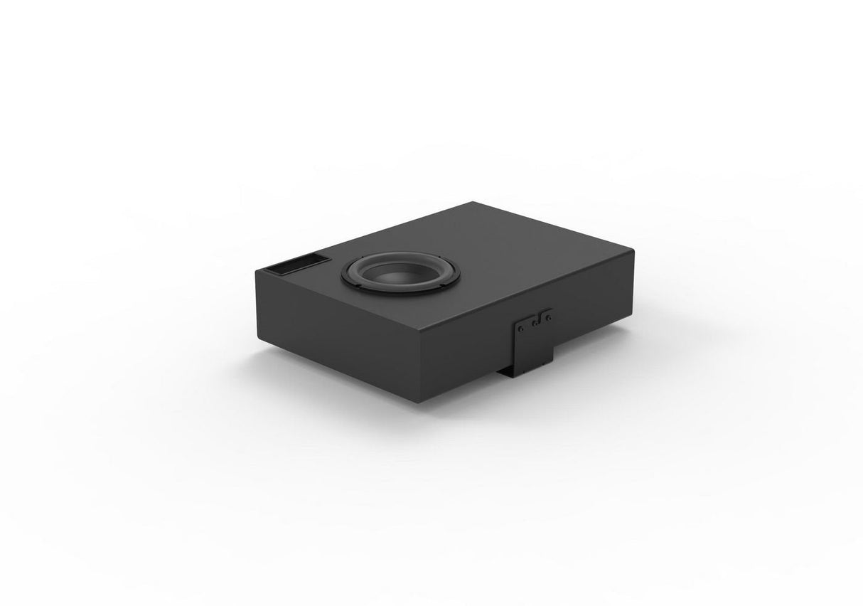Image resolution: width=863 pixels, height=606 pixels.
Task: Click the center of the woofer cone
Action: coord(387,273)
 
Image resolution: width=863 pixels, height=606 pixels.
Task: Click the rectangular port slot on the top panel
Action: coord(293,266)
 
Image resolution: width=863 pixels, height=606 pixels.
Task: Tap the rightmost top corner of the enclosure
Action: coord(632,248)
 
